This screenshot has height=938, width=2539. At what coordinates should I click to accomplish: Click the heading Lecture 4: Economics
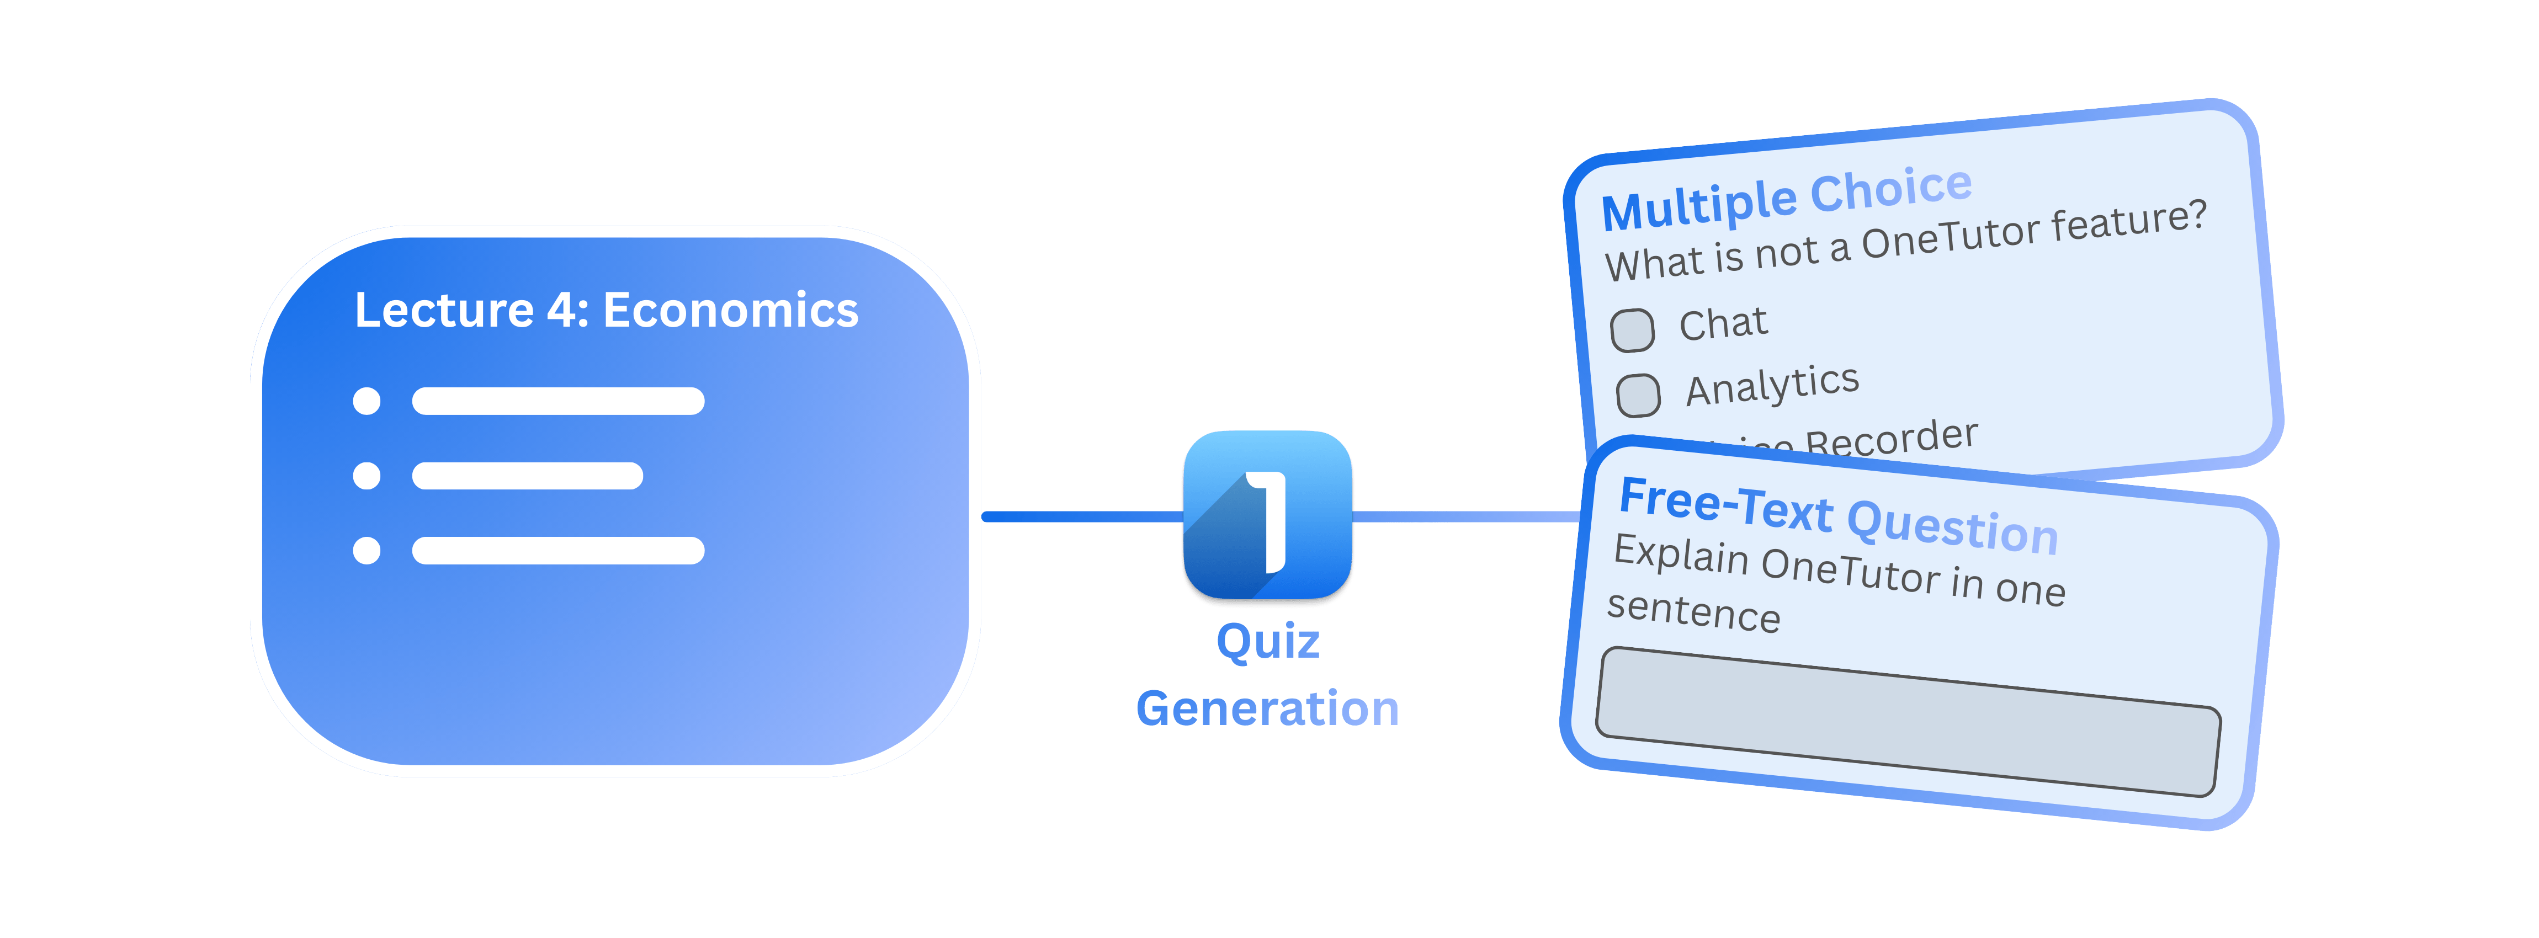pos(606,310)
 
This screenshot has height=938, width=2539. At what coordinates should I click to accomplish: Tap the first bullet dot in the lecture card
pos(366,401)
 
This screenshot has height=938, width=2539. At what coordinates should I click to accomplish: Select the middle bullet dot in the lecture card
pos(366,476)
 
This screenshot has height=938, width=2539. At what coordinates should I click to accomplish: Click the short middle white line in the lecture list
pos(527,476)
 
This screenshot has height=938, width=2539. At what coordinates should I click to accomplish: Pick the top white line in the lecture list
pos(558,401)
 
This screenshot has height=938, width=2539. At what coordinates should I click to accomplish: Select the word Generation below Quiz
pos(1267,708)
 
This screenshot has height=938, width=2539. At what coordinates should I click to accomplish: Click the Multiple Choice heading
pos(1786,199)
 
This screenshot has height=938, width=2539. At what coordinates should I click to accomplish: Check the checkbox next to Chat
pos(1632,330)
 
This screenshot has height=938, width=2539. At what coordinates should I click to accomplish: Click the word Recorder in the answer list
pos(1890,439)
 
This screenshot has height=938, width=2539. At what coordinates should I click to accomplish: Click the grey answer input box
pos(1907,721)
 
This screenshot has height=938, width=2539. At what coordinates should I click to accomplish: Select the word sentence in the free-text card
pos(1693,611)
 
